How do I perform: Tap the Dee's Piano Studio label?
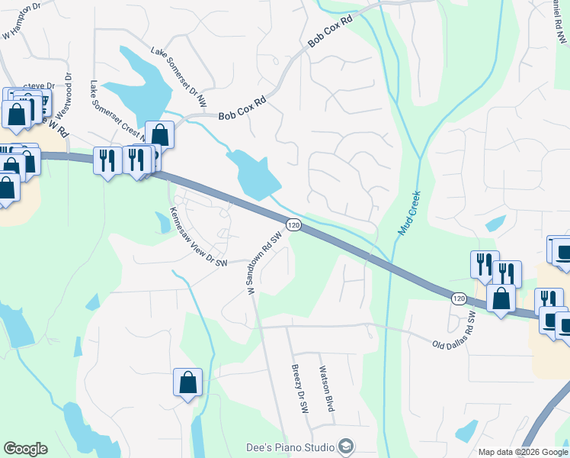[x=290, y=447]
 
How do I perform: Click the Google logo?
[x=25, y=449]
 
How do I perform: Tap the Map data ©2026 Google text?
[x=523, y=452]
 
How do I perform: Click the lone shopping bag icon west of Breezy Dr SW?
[x=187, y=383]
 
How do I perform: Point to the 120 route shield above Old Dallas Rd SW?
[x=457, y=297]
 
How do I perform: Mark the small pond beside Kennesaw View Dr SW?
[x=163, y=223]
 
